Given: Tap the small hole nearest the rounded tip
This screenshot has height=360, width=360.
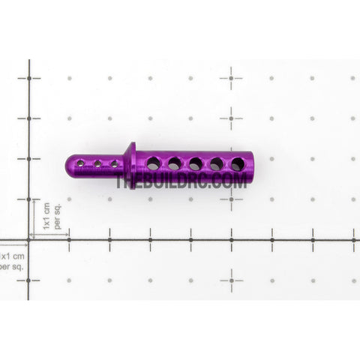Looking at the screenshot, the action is point(80,163).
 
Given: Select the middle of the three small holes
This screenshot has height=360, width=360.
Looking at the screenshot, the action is point(97,163).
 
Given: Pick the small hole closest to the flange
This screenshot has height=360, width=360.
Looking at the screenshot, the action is point(115,164).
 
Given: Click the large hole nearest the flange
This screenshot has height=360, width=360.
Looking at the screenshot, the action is point(154,163).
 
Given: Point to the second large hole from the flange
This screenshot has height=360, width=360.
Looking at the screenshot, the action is point(175,163).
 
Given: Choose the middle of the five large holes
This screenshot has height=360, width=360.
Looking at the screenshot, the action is point(196,163).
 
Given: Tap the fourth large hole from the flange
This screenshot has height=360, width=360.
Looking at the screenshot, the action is point(217,163).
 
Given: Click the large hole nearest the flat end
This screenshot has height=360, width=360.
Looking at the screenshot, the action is point(238,164).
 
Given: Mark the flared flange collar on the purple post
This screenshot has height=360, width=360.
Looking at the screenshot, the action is point(130,166).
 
